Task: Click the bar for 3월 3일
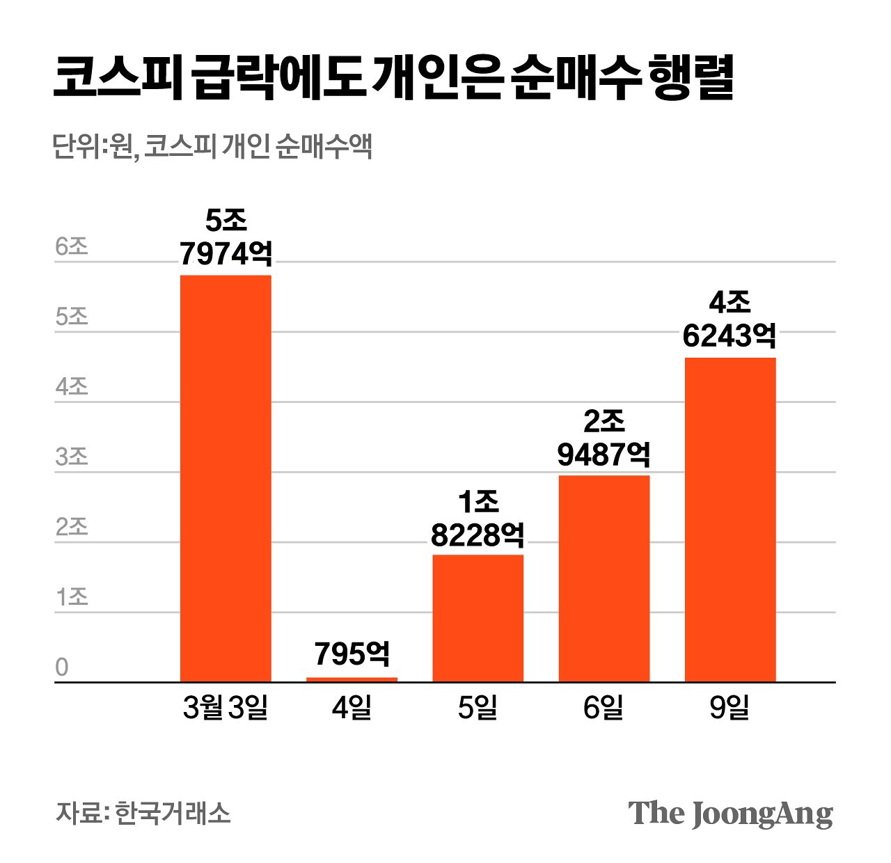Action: click(226, 478)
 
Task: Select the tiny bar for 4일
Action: click(352, 679)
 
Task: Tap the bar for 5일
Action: click(478, 618)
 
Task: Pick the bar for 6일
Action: click(604, 578)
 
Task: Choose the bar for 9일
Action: click(730, 519)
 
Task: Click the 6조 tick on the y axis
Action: click(72, 246)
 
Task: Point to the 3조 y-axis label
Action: click(72, 457)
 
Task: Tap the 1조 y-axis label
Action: click(72, 597)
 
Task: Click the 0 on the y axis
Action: click(62, 667)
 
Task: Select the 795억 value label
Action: click(352, 654)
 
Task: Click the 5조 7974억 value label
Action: click(226, 238)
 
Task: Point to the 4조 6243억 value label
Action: click(730, 319)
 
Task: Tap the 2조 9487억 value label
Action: click(604, 438)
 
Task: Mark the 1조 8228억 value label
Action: click(478, 518)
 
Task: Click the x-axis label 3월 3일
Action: click(226, 708)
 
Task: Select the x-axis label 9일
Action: click(730, 708)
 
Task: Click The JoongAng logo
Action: click(730, 814)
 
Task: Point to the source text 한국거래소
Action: click(172, 813)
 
